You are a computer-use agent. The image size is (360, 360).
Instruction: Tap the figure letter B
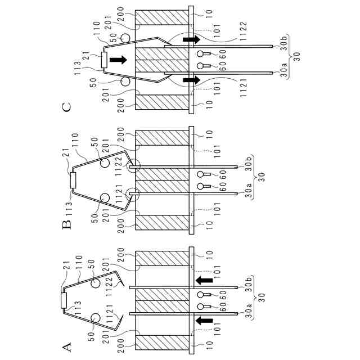pos(66,225)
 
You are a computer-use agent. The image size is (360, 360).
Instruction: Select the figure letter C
pos(66,106)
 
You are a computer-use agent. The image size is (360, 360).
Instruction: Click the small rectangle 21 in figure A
pos(62,299)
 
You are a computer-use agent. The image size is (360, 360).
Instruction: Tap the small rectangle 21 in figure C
pos(104,60)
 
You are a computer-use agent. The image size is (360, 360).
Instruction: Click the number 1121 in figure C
pos(243,88)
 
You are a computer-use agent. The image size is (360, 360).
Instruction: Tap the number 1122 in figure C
pos(243,35)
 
